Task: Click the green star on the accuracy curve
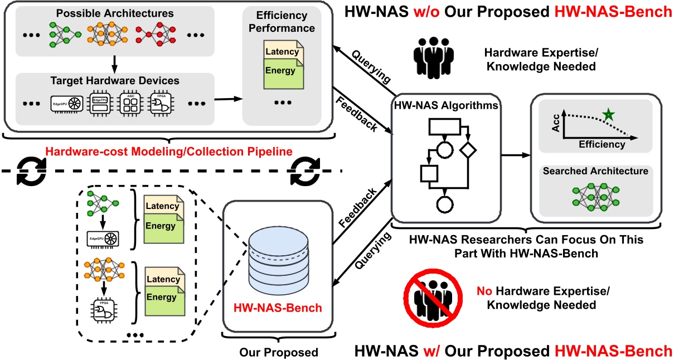point(608,115)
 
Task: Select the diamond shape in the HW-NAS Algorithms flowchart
point(468,150)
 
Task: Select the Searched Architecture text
point(595,171)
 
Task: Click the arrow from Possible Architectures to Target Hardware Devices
point(114,65)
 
